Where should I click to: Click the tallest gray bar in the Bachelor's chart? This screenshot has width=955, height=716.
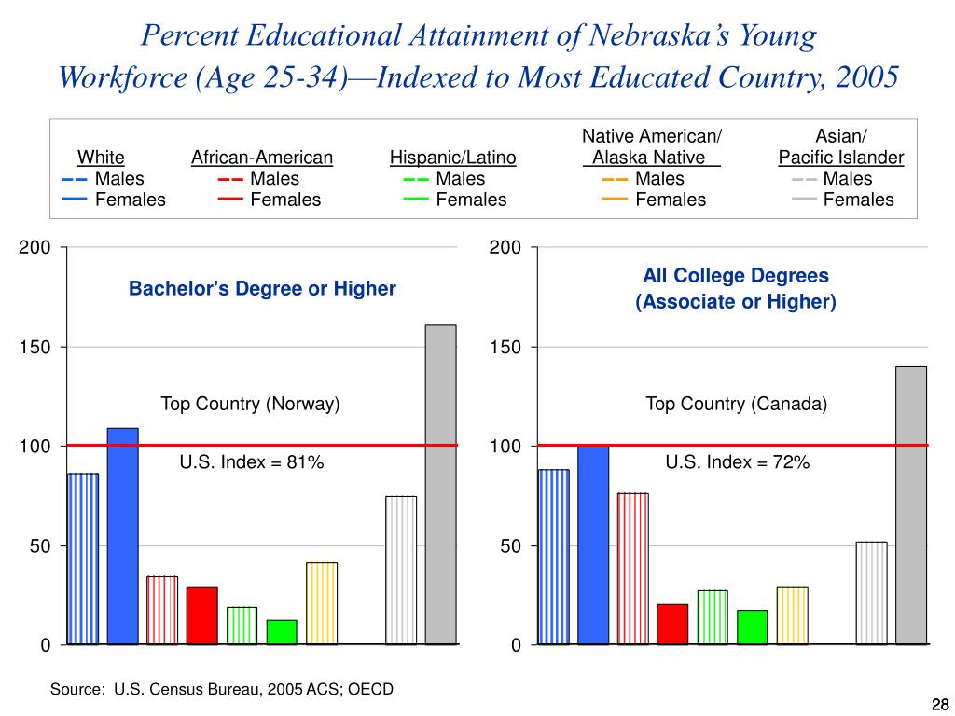click(440, 485)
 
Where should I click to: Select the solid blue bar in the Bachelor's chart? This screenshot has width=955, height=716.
click(122, 536)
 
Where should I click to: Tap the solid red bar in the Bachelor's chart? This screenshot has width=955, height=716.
click(201, 615)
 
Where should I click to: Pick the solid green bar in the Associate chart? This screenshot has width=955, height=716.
click(752, 627)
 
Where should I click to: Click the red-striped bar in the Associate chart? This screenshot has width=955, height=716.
click(632, 569)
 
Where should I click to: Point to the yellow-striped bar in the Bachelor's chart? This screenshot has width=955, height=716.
click(322, 603)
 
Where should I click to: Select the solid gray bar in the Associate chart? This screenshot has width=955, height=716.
click(911, 505)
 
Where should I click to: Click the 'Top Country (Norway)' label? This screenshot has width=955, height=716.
click(250, 404)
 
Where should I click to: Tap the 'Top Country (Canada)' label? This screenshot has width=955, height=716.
click(737, 404)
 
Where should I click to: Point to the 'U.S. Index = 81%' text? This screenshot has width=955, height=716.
click(251, 462)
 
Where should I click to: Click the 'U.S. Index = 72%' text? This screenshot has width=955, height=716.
click(737, 462)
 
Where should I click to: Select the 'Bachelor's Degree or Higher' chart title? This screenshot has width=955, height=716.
click(262, 289)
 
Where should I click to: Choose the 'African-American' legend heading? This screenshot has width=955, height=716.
click(261, 158)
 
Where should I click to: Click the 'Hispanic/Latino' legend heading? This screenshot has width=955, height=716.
click(453, 158)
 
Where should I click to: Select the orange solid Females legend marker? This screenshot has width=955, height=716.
click(615, 200)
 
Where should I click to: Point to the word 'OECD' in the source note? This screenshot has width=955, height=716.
click(370, 689)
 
